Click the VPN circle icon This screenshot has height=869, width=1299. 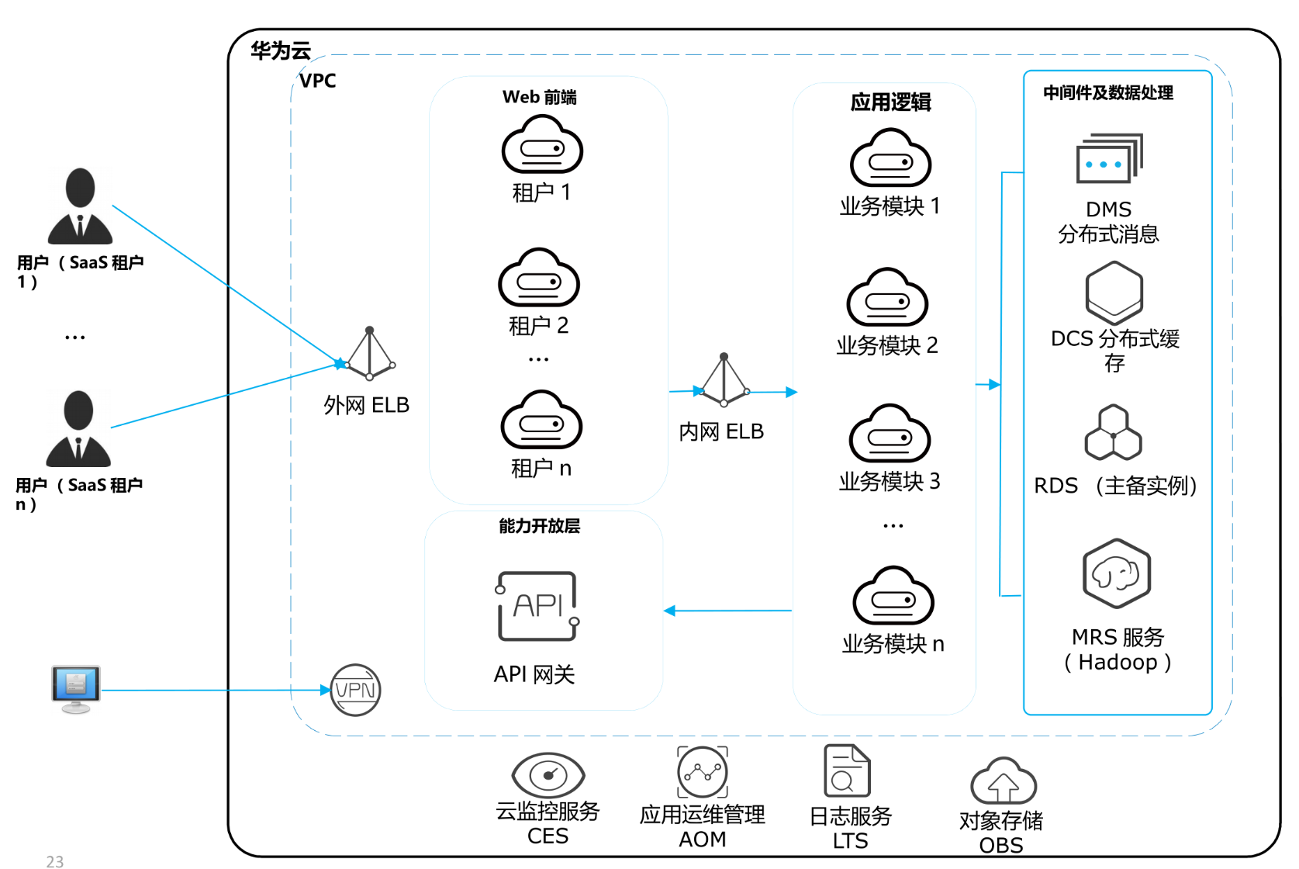[x=355, y=690]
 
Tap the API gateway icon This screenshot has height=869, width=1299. [x=537, y=606]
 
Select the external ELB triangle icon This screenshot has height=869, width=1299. [x=370, y=355]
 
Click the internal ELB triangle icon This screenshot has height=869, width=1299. [x=724, y=381]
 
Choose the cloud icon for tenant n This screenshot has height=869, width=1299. [x=541, y=421]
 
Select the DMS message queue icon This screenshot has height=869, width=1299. [x=1109, y=159]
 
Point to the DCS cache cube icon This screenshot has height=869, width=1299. [x=1114, y=293]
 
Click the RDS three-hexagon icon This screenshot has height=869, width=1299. [x=1113, y=433]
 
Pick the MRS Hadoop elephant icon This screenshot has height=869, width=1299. [x=1116, y=574]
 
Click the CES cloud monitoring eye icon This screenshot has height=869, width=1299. [x=548, y=774]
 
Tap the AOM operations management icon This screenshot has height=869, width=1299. [x=703, y=772]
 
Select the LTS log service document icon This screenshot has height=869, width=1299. [x=847, y=770]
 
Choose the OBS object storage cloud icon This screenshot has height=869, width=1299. [x=1003, y=781]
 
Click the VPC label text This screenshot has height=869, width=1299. [x=318, y=81]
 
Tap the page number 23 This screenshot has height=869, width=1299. [x=55, y=861]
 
